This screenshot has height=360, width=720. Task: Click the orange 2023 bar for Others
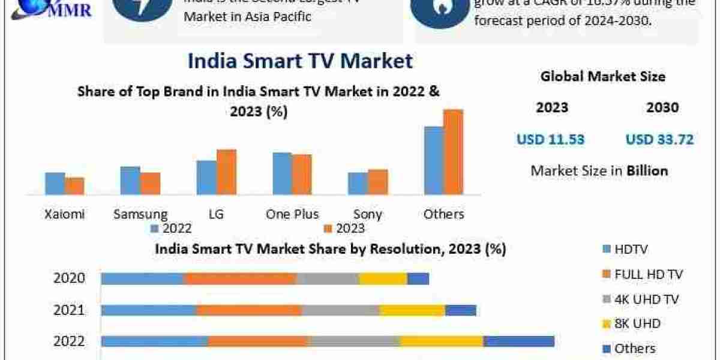(x=454, y=152)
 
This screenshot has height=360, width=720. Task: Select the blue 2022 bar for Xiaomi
(x=55, y=183)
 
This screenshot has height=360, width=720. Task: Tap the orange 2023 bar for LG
(x=226, y=172)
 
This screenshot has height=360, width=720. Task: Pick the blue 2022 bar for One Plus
(x=282, y=173)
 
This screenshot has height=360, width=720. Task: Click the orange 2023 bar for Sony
(x=377, y=182)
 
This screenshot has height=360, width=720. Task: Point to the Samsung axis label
(x=140, y=214)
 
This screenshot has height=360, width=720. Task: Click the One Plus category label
(x=292, y=214)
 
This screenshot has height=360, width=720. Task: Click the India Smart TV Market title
(x=300, y=61)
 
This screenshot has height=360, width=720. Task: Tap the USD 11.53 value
(x=551, y=140)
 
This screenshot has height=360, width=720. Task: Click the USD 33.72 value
(x=659, y=140)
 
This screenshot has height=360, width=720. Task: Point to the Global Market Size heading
(x=602, y=76)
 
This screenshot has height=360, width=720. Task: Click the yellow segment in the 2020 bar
(x=383, y=278)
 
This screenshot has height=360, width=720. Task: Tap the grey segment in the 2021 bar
(x=340, y=310)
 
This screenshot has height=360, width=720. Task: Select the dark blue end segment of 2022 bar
(x=518, y=341)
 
